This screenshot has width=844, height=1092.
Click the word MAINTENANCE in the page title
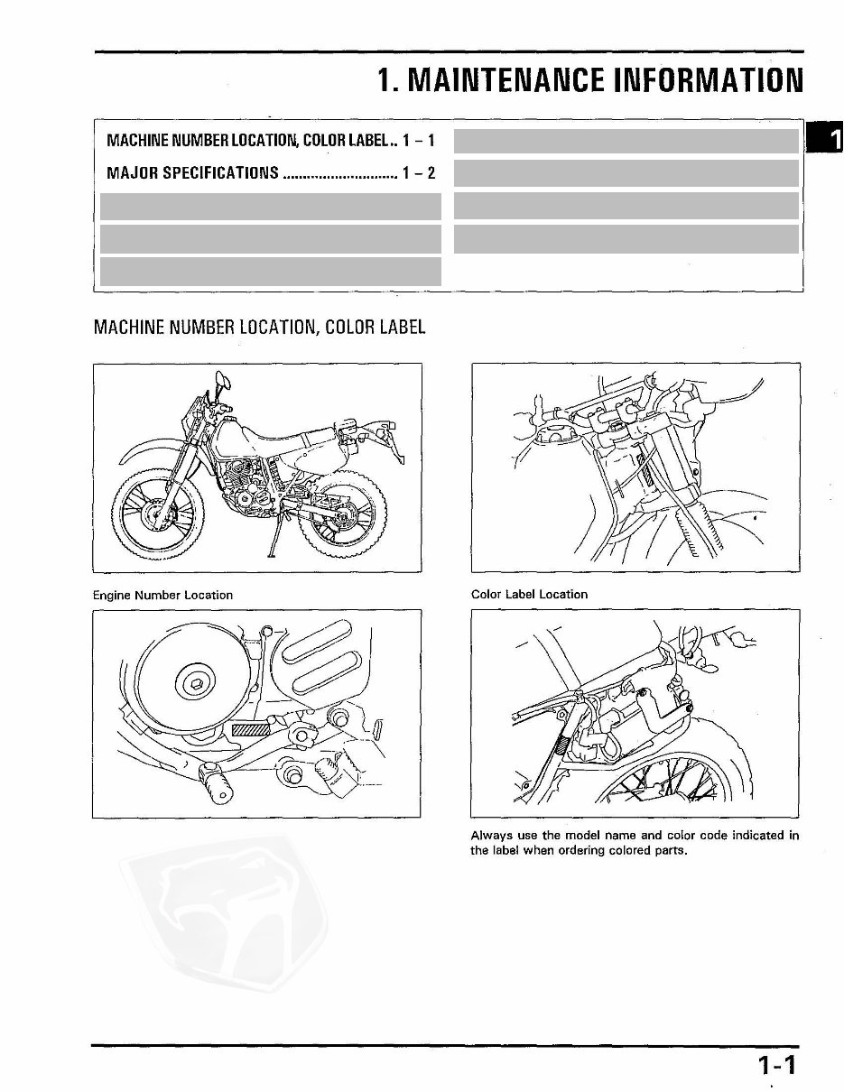[506, 80]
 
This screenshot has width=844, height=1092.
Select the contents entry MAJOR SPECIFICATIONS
[192, 173]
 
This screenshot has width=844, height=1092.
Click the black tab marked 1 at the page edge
[828, 138]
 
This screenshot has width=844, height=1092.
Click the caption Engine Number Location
[162, 595]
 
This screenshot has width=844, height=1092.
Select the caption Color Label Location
[529, 595]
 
